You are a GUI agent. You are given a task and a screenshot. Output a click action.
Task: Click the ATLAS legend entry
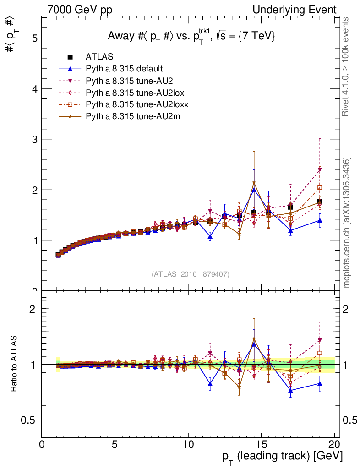99,57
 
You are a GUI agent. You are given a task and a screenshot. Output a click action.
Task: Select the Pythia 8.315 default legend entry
124,69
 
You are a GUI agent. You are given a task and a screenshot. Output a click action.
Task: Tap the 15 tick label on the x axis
260,446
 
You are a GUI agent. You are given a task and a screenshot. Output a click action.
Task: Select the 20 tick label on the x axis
334,446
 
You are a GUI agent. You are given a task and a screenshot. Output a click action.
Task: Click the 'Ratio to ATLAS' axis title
14,365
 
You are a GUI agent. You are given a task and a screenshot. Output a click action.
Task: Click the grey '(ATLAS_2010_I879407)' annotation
191,274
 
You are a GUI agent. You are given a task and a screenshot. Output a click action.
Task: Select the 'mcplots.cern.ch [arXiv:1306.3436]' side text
347,223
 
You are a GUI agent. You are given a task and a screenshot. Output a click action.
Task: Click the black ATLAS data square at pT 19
320,202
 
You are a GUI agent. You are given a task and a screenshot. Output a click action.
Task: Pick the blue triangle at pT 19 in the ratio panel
320,384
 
